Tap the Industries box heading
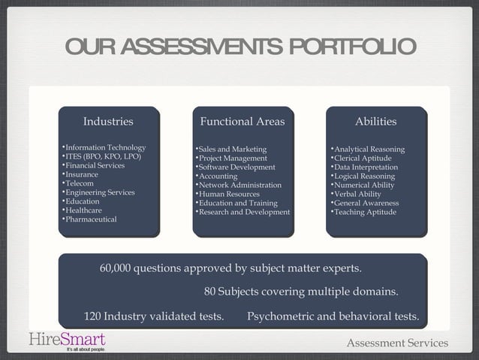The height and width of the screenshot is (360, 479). (x=108, y=121)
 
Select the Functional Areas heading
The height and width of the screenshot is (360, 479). (x=242, y=121)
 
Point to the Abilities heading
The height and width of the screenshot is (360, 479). (x=375, y=121)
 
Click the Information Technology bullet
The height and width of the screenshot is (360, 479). (x=105, y=147)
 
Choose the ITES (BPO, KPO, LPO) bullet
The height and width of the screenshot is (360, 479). (x=102, y=156)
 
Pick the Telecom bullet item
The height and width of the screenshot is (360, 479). (x=80, y=183)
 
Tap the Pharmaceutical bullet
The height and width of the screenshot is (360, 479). (x=91, y=219)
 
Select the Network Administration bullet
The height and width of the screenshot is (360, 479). (x=239, y=185)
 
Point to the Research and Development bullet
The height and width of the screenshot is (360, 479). (x=243, y=212)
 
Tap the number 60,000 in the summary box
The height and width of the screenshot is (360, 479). (x=115, y=268)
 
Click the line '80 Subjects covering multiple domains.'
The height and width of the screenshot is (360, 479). (x=301, y=292)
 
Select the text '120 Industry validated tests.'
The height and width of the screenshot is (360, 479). (x=154, y=316)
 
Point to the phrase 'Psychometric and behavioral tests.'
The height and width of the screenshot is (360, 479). (x=333, y=316)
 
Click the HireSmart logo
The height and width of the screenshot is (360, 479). (x=68, y=340)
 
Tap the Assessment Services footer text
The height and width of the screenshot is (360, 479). (x=396, y=343)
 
